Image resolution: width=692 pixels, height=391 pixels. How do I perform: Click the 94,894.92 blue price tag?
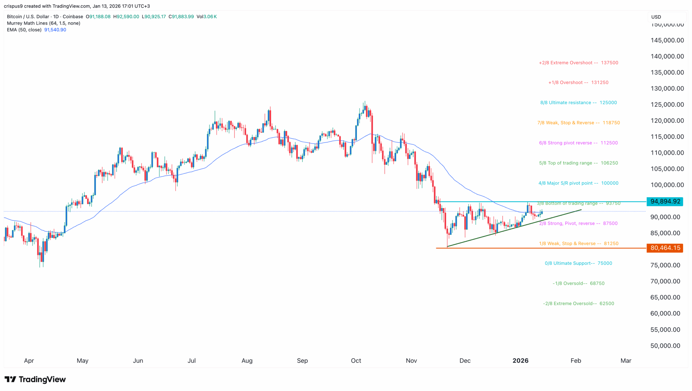pos(665,202)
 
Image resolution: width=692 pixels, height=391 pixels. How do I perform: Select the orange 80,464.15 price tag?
pos(665,248)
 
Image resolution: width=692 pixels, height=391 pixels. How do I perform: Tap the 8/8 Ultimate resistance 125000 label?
pos(578,103)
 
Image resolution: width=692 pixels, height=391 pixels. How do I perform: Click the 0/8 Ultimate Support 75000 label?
pos(578,263)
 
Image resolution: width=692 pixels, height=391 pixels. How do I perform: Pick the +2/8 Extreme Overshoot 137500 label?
pos(578,63)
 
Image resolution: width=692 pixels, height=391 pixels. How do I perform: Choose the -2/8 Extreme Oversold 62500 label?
pos(578,304)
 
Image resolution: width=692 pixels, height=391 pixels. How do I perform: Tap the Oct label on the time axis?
pos(356,361)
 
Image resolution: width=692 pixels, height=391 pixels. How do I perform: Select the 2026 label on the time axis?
pos(520,361)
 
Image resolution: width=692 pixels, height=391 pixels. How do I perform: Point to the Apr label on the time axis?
pos(29,361)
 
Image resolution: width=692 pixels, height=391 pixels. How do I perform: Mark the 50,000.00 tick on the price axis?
pos(665,346)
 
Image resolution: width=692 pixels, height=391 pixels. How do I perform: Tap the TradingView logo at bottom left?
pos(35,380)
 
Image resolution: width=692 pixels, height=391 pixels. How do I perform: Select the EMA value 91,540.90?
pos(55,30)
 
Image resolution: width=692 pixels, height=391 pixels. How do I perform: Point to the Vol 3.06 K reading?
pos(206,17)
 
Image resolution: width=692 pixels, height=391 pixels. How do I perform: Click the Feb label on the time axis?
pos(576,361)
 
